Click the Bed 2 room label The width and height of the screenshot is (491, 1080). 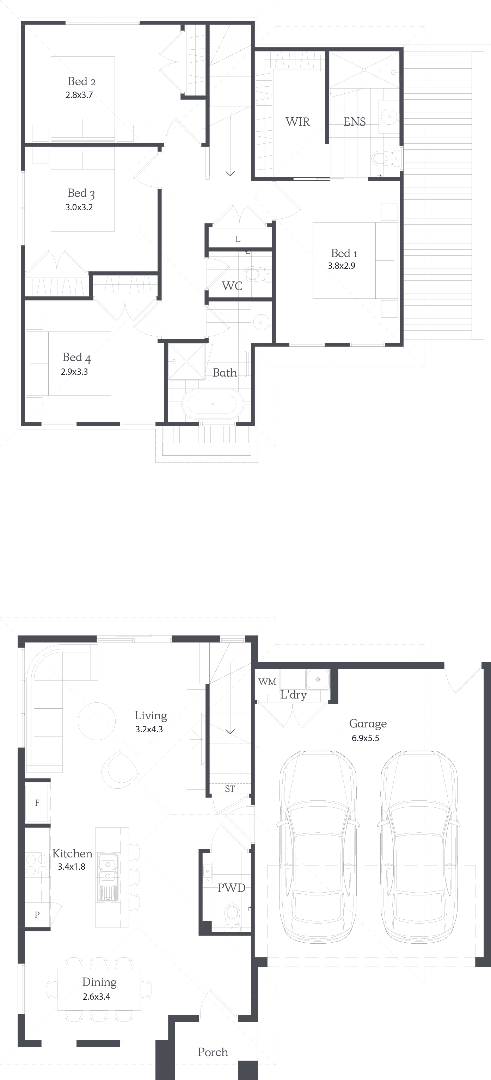[x=81, y=81]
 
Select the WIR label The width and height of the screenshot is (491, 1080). [x=297, y=122]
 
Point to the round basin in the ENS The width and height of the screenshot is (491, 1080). [x=389, y=116]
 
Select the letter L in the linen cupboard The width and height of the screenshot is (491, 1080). [x=238, y=239]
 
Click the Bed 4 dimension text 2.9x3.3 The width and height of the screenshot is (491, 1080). [x=74, y=372]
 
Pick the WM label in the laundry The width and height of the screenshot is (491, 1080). [x=267, y=681]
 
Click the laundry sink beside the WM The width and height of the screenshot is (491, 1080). [x=318, y=679]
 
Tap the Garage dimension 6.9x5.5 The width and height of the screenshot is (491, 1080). [x=366, y=738]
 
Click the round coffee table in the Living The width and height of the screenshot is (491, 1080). [x=97, y=721]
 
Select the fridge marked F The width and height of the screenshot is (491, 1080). [x=37, y=803]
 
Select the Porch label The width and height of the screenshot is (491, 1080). [x=213, y=1052]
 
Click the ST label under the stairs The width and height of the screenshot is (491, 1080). [x=229, y=789]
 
